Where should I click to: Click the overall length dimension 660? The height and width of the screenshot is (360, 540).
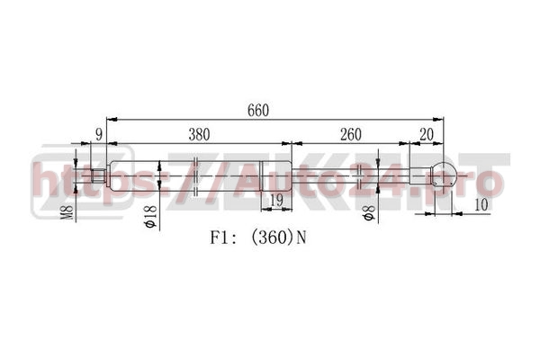(258, 111)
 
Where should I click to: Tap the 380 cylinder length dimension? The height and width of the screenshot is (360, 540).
(199, 135)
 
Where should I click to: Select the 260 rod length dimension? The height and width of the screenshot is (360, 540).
(351, 135)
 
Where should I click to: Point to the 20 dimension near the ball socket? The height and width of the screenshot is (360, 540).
(427, 135)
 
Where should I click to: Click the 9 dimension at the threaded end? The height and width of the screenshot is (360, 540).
(99, 135)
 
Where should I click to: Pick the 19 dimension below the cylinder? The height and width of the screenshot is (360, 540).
(276, 200)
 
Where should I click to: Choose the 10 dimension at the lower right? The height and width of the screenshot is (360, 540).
(481, 205)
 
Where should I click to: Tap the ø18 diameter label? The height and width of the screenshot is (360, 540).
(150, 217)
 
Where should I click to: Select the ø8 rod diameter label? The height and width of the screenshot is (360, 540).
(368, 213)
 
